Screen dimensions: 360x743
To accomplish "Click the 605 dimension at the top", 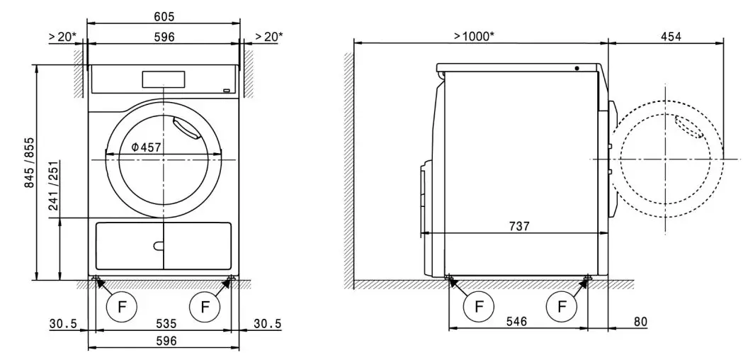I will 164,16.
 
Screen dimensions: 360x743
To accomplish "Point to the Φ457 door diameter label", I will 146,147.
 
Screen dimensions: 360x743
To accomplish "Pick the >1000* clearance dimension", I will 474,35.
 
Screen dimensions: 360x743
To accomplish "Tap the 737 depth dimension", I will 519,227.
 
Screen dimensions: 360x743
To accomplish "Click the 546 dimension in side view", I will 518,321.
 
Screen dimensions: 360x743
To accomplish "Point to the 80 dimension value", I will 640,322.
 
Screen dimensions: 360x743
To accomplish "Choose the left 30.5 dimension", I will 62,324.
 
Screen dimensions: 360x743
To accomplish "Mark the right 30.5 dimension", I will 266,324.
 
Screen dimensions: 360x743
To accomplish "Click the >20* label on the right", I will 268,35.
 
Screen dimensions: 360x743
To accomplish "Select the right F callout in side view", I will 562,307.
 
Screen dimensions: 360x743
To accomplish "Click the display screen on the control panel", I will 164,79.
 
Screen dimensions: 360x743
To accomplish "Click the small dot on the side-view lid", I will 577,69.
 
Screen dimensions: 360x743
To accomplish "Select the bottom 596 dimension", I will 164,341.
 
